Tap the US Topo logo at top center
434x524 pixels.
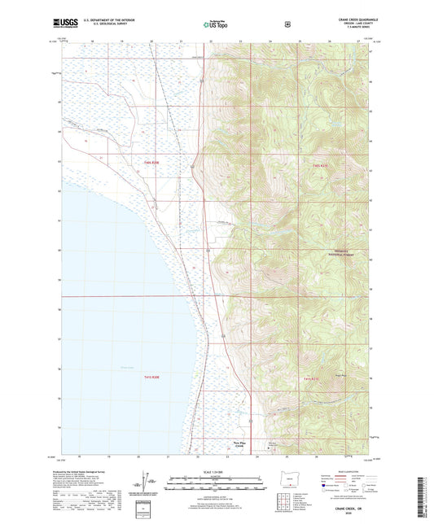pos(217,26)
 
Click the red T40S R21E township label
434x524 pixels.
pos(319,165)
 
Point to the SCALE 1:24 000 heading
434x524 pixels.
pos(217,471)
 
